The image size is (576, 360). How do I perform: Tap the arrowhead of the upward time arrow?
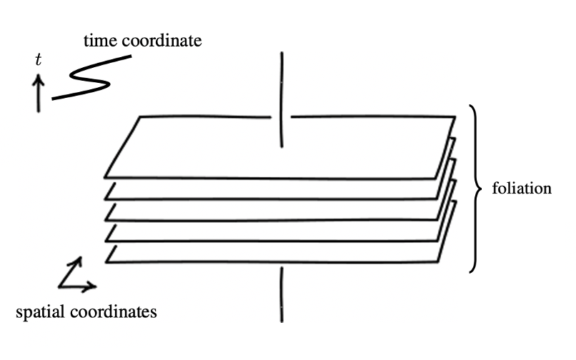click(39, 78)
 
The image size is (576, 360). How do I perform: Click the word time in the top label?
click(98, 41)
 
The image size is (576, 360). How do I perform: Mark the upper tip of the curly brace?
click(470, 106)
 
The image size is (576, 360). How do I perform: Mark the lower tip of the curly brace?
click(470, 271)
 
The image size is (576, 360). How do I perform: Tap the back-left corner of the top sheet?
click(139, 116)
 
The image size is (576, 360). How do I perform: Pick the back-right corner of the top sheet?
click(455, 116)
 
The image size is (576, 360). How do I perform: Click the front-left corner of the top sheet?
click(105, 176)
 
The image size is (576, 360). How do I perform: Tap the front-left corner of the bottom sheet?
click(106, 262)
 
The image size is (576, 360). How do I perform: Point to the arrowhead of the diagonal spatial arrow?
click(79, 260)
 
